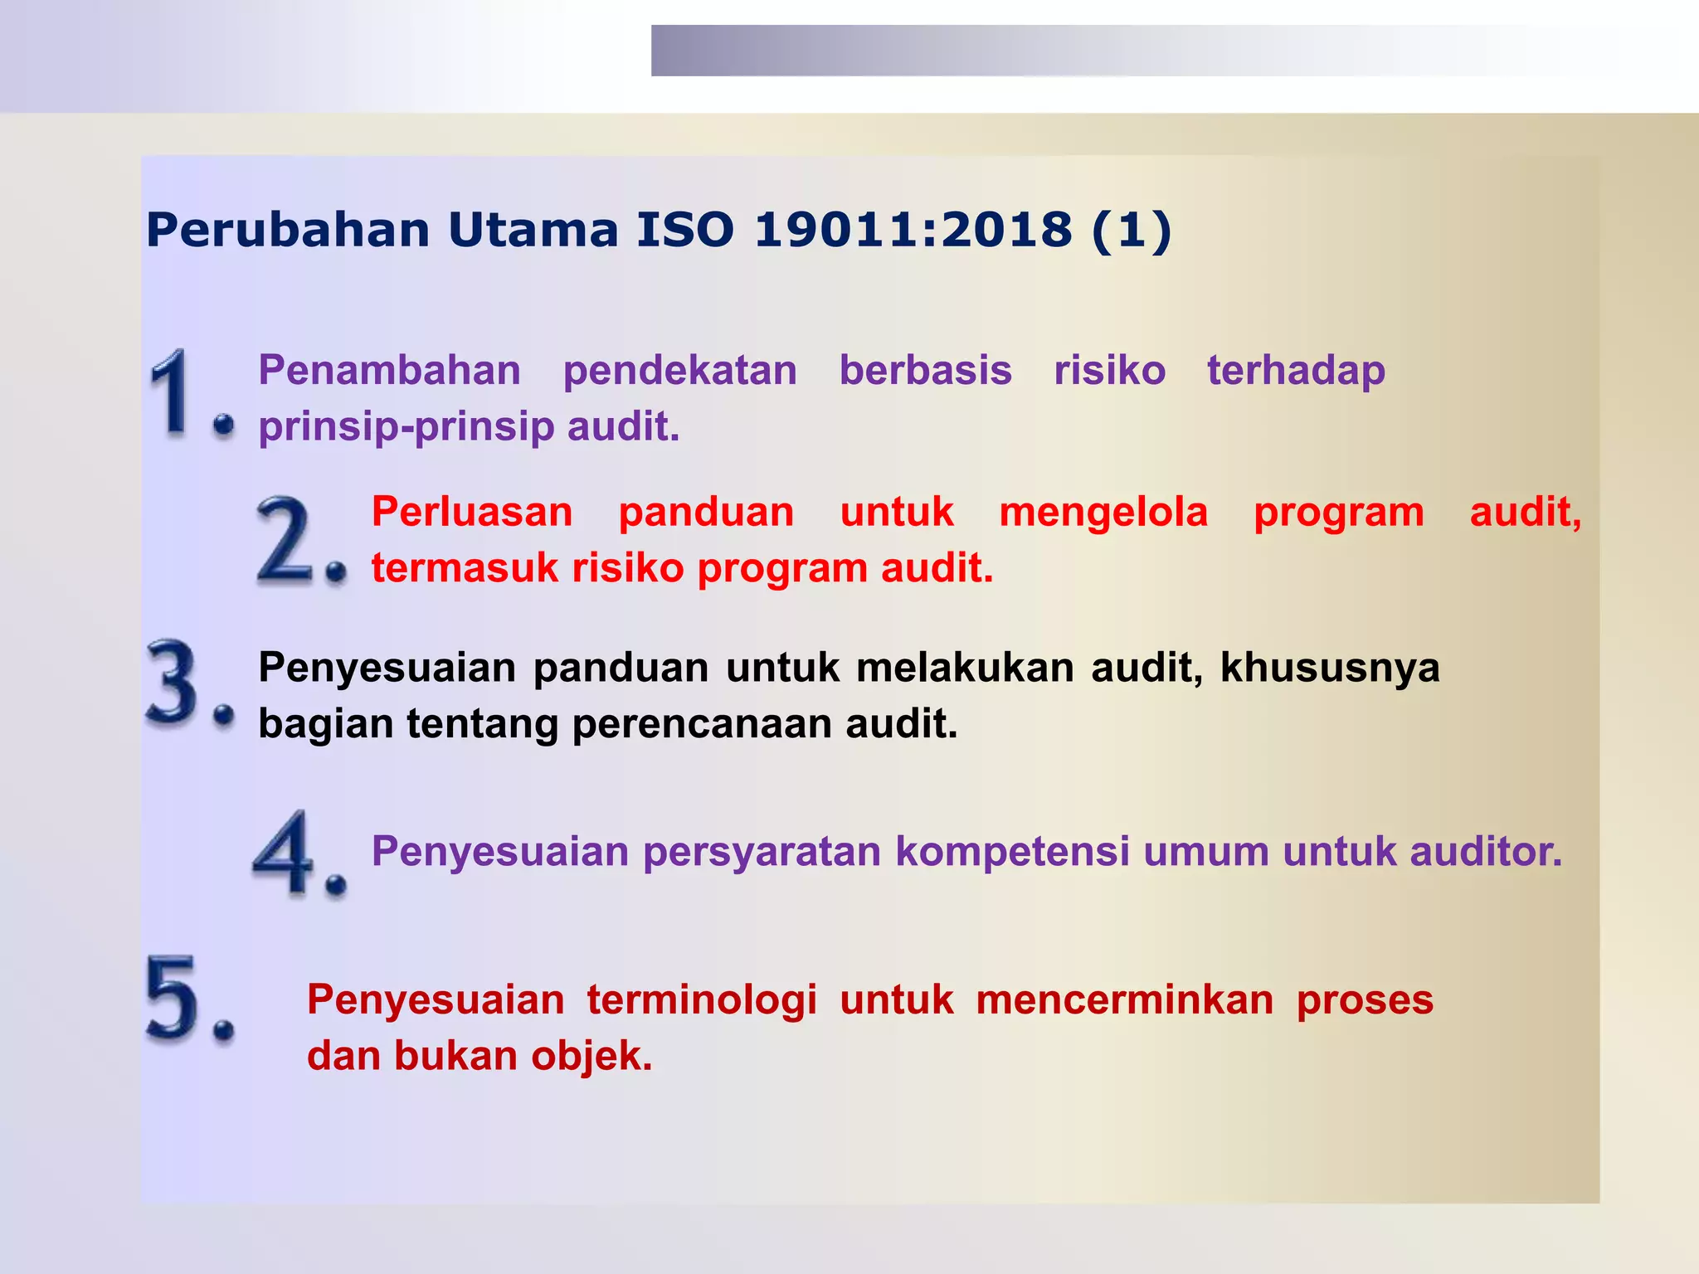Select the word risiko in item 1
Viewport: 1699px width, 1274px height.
click(1109, 370)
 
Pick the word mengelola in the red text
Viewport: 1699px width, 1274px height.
click(1103, 512)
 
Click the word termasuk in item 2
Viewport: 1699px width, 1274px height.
click(465, 568)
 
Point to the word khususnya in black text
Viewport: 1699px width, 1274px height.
click(1330, 668)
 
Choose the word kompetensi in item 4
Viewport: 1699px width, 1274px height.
click(1012, 851)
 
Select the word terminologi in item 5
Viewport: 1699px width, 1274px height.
click(702, 1000)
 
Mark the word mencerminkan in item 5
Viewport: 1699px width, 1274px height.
click(1124, 1000)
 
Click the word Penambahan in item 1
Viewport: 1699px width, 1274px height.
click(389, 370)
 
